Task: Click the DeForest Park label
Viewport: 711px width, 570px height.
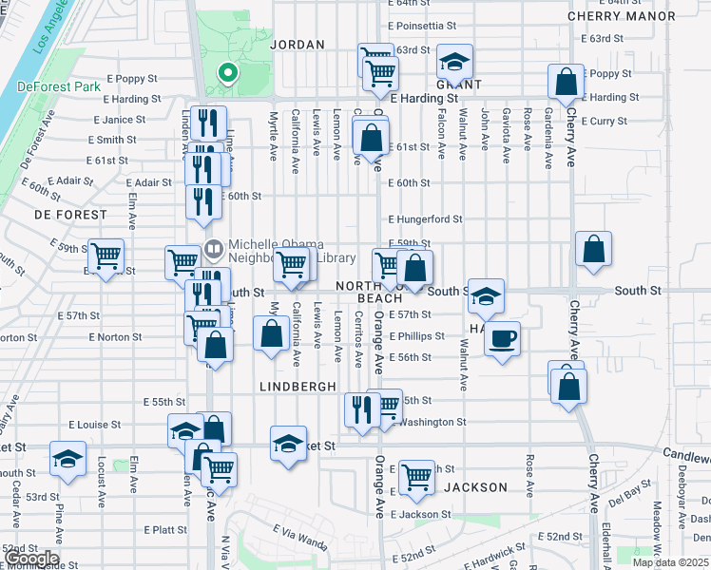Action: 59,86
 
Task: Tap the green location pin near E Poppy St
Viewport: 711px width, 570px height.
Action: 227,72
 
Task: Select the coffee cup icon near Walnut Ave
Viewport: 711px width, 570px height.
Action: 503,337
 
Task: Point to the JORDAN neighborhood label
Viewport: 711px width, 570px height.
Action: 298,45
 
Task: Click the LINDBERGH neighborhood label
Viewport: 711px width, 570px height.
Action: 298,387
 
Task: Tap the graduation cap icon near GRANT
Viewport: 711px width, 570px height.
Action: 455,63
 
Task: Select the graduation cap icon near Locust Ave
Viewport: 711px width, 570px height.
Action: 68,459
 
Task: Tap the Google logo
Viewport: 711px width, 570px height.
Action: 30,559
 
